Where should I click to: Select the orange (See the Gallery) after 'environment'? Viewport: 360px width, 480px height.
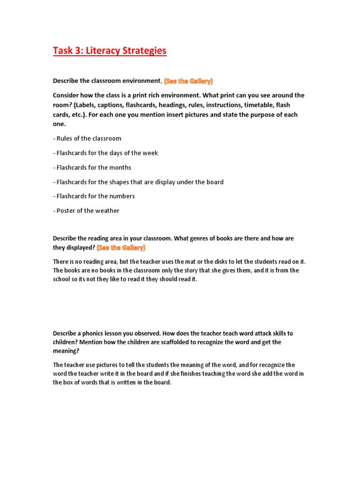pyautogui.click(x=188, y=81)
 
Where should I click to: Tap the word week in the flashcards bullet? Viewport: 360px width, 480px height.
pyautogui.click(x=151, y=153)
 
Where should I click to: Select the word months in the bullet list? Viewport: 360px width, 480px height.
pyautogui.click(x=120, y=168)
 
